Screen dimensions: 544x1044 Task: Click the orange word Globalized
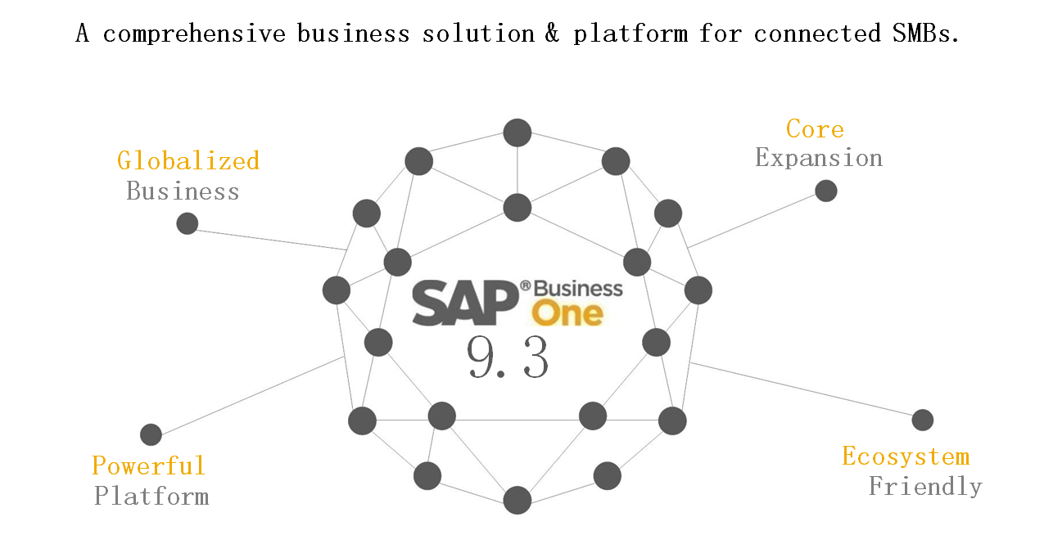coord(188,160)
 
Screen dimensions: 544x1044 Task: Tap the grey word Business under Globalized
coord(183,191)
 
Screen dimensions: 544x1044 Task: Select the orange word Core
coord(815,128)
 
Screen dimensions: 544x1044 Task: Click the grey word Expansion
coord(819,158)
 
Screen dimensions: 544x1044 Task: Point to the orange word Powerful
coord(148,465)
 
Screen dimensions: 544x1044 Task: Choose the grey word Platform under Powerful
coord(151,496)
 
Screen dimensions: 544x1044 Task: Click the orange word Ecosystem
coord(906,456)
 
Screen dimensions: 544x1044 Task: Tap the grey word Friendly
coord(925,487)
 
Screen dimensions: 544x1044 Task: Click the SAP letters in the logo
coord(465,303)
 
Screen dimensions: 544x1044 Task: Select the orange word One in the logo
coord(567,313)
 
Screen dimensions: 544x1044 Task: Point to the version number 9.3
coord(508,357)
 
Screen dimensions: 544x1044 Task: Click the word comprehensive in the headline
coord(194,34)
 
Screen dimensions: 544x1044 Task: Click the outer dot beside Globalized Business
coord(188,223)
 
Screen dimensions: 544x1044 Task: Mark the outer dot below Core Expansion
coord(826,191)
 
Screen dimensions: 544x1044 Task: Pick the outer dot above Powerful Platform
coord(151,434)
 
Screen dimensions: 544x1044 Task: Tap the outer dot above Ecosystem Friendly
coord(923,420)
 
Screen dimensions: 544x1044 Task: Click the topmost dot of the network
coord(517,133)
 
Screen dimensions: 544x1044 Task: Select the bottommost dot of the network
coord(517,500)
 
